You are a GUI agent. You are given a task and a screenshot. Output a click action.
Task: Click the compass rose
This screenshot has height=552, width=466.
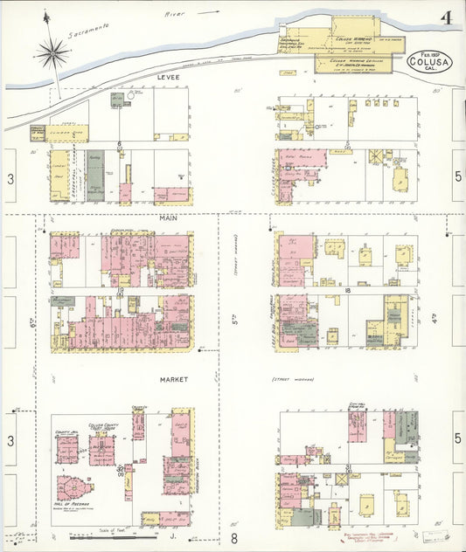point(53,53)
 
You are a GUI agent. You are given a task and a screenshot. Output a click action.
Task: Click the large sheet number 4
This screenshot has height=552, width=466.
point(446,18)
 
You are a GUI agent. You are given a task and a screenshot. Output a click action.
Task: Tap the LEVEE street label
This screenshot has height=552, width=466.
point(167,78)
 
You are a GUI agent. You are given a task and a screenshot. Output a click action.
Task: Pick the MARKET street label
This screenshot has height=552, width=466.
point(174,380)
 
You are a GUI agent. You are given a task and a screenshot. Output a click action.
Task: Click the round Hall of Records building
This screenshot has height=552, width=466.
point(73,489)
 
